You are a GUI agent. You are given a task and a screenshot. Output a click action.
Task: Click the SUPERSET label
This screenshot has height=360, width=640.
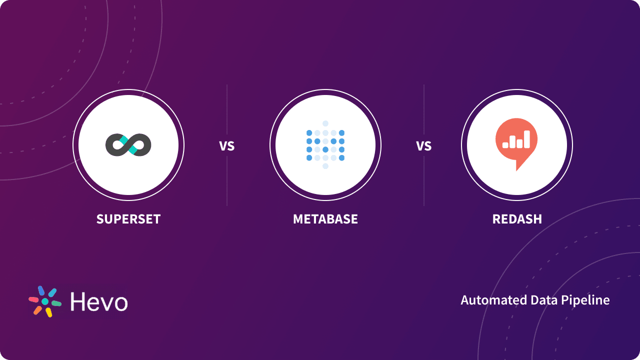point(128,219)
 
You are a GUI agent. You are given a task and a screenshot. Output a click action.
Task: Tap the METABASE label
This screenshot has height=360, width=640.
point(325,219)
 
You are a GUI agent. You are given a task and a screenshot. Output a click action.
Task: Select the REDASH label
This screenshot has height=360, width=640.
point(517,219)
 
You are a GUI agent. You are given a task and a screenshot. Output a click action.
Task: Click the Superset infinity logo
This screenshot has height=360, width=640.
point(128,145)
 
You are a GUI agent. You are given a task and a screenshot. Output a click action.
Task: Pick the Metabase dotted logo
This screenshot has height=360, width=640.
point(325,145)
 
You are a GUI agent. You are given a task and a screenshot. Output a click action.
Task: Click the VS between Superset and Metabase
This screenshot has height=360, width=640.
point(226,146)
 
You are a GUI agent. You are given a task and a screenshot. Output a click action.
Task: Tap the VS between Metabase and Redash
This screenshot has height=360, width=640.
point(424,146)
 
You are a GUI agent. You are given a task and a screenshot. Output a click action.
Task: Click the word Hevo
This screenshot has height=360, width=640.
point(98,302)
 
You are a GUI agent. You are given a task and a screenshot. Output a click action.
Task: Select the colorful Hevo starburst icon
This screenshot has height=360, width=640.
point(45,301)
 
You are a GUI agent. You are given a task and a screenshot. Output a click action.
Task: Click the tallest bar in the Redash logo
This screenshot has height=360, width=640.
point(526,139)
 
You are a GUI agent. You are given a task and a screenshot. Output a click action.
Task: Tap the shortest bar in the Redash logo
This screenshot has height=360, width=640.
point(505,145)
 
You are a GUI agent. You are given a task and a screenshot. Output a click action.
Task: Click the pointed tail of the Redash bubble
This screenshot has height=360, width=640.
point(518,167)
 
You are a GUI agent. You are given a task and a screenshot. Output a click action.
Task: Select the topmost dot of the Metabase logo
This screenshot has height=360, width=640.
point(325,123)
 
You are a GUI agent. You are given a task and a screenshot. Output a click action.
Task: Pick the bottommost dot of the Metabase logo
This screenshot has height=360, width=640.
point(325,166)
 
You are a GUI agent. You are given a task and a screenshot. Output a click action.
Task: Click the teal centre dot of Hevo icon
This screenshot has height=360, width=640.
point(45,301)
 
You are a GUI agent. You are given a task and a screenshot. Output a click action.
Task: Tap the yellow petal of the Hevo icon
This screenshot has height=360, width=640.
point(48,312)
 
